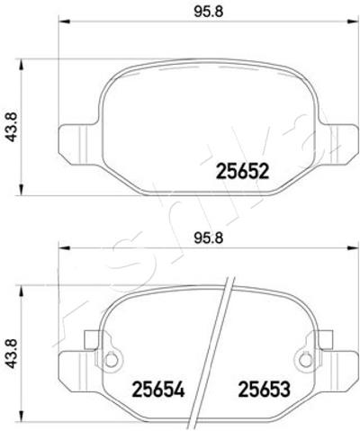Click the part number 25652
coord(242,172)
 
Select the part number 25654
coord(158,390)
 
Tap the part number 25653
coord(264,390)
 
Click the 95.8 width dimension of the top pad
coord(209,13)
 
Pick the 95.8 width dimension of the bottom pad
coord(209,238)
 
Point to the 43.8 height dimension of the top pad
coord(13,127)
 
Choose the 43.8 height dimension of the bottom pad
coord(13,354)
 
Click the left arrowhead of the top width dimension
coord(64,22)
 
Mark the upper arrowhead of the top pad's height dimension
coord(21,65)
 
